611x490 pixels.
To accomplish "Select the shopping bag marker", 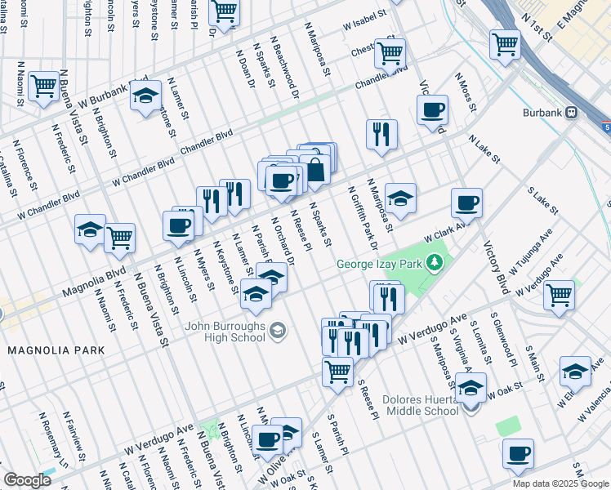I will coord(314,171).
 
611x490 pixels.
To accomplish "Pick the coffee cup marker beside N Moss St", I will coord(432,109).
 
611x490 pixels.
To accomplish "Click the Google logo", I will coord(27,480).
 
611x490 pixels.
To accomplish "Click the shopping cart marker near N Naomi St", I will coord(42,86).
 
